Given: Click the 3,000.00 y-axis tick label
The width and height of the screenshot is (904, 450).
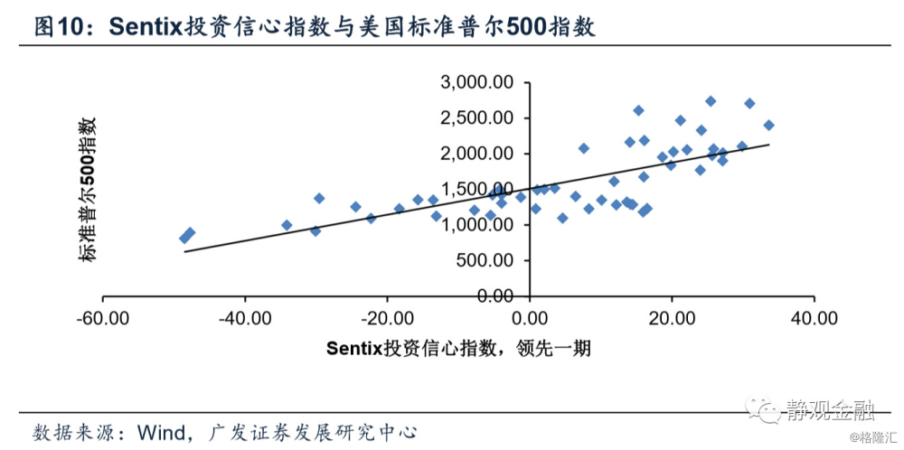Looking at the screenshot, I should [476, 83].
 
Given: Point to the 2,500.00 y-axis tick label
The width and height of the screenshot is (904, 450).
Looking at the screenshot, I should [476, 118].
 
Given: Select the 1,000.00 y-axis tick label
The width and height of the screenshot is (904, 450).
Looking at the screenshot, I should [476, 225].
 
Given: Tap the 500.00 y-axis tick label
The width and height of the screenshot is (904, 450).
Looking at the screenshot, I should [485, 260].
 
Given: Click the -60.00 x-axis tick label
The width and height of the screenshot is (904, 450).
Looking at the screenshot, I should [102, 318].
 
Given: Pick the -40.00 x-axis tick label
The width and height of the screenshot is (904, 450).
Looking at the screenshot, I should [245, 318].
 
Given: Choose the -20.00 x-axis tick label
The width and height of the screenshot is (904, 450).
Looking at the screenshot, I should [387, 318].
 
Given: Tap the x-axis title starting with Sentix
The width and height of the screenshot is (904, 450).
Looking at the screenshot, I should [458, 348].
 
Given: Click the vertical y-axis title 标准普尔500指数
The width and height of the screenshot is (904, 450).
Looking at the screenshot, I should [88, 190].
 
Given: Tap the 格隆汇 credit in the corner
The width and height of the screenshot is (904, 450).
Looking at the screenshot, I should [876, 440].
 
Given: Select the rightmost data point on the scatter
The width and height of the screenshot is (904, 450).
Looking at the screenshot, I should [769, 126].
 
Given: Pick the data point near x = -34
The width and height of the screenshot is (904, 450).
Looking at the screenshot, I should [287, 225].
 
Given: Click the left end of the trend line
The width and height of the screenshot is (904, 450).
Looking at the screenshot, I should [184, 251].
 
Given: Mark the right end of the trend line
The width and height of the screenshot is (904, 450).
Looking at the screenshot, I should [769, 145].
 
